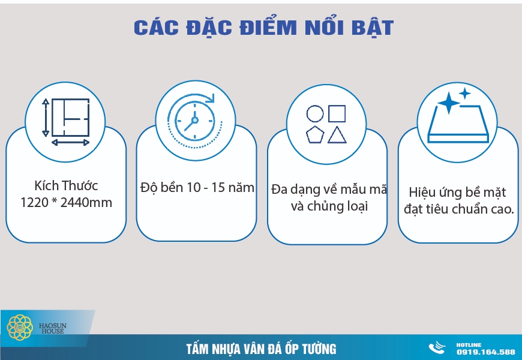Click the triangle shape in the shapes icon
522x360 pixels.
(337, 135)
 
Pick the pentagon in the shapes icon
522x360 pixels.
(315, 135)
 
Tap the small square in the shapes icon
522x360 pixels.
(337, 113)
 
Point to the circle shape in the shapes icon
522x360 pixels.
(315, 113)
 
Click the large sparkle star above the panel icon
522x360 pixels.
(448, 103)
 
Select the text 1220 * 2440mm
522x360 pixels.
(66, 203)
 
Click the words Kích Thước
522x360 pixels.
(66, 185)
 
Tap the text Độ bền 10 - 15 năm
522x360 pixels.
(197, 188)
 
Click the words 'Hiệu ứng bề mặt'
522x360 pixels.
(457, 193)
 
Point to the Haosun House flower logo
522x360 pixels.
(19, 328)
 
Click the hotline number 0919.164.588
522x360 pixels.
(485, 352)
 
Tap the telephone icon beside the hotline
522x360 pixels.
(437, 349)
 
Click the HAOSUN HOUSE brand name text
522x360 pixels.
(53, 328)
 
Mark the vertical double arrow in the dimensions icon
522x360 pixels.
(45, 119)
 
